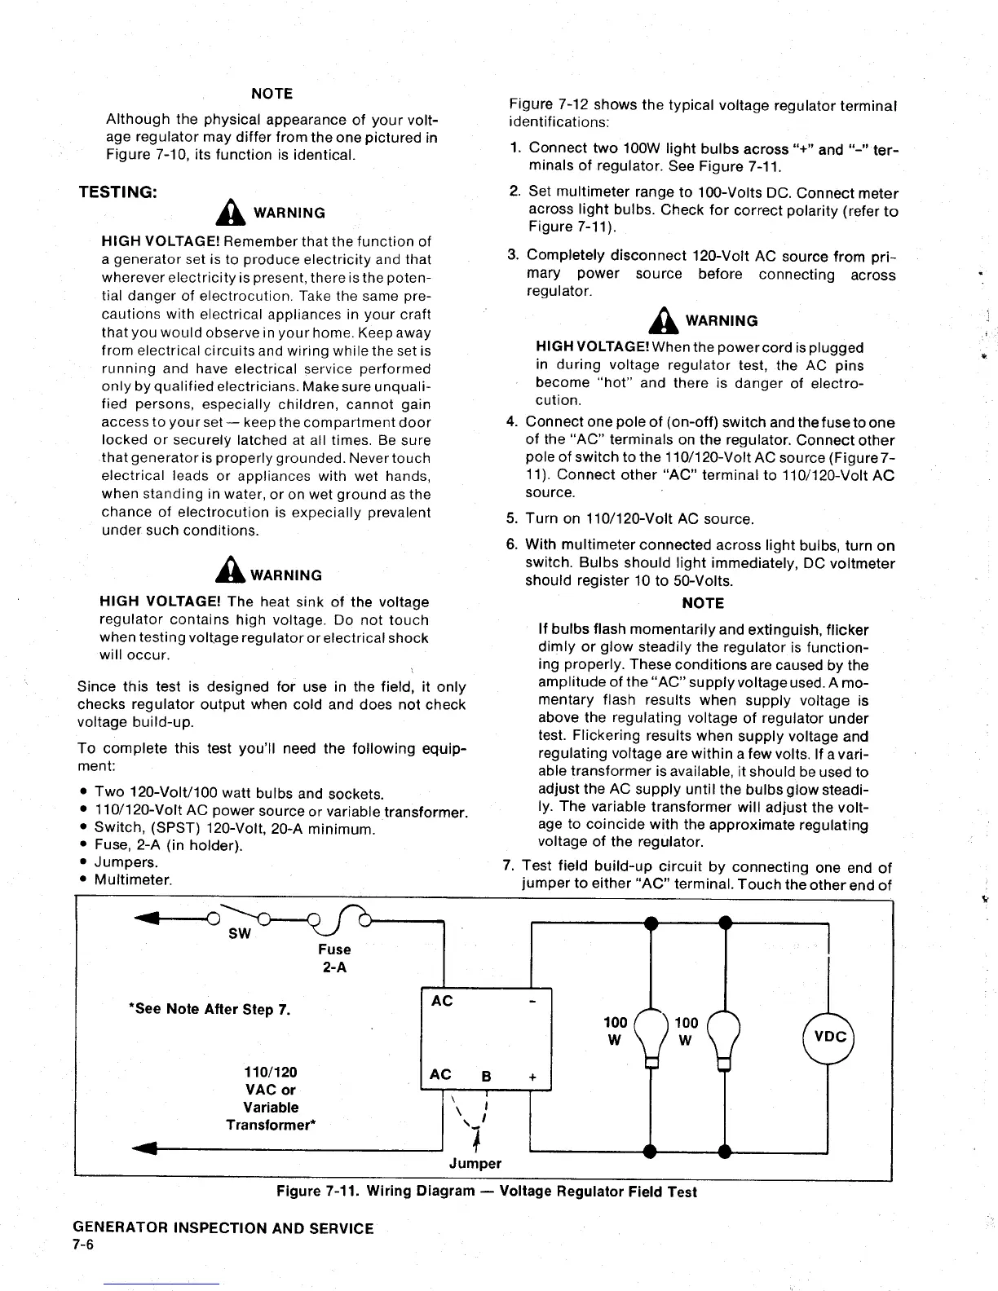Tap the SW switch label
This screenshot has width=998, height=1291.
click(239, 934)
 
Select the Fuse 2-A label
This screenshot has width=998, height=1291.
click(334, 958)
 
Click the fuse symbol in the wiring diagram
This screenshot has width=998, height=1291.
click(338, 919)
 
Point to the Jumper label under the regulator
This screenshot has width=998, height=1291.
click(475, 1163)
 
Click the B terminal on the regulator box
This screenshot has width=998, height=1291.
click(486, 1076)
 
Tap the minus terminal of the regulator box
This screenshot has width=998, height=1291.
click(532, 1000)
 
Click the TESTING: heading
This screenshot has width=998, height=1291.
click(117, 192)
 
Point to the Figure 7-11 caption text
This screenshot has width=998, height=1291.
click(487, 1192)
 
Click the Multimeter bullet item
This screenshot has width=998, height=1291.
click(133, 879)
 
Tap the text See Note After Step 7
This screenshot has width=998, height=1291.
click(210, 1009)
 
